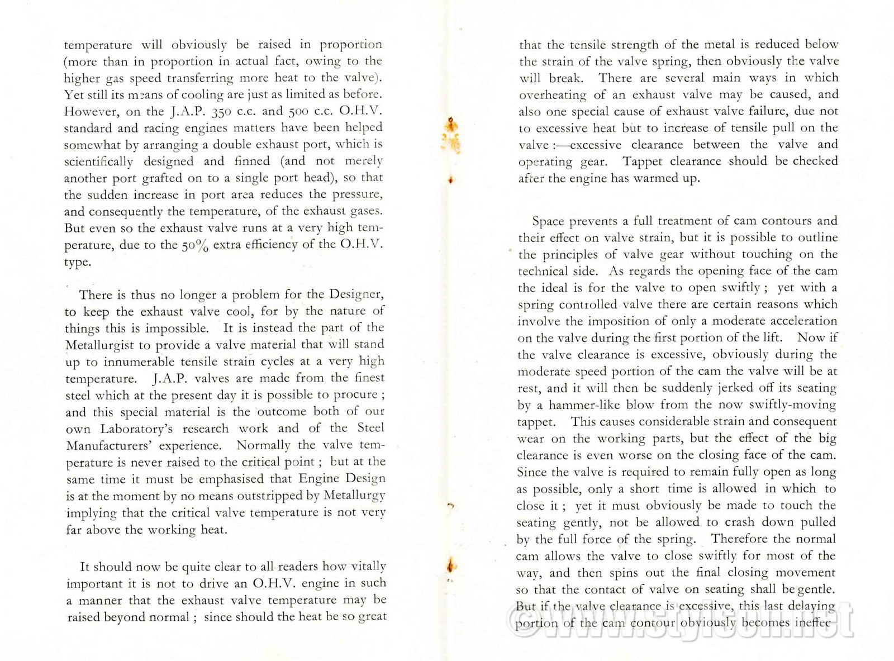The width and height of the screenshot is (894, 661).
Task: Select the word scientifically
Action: [x=98, y=162]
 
